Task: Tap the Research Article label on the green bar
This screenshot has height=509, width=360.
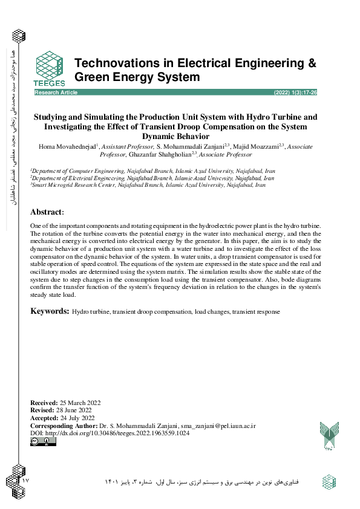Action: [56, 92]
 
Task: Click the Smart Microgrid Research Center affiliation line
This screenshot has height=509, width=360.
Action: [148, 185]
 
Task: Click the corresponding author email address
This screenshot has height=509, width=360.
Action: [221, 426]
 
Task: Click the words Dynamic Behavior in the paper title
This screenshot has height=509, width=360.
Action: [175, 137]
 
